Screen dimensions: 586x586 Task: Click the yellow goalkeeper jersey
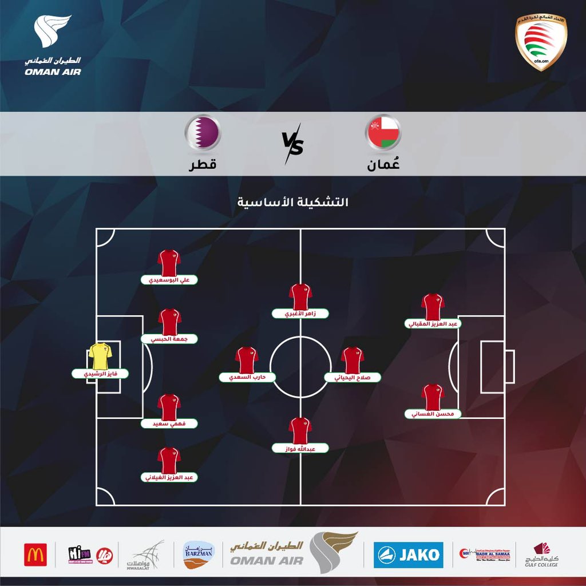100,357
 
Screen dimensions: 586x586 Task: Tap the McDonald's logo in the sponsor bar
35,555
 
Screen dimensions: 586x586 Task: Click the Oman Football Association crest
541,43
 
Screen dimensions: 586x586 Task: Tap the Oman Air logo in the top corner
53,46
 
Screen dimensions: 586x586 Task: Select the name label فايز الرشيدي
100,374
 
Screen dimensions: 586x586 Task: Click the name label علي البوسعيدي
169,280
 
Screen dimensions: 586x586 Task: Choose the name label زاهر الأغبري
300,314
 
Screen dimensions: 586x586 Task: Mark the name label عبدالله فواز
300,448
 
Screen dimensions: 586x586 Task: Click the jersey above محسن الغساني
433,396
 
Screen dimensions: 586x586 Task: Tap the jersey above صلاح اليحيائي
353,360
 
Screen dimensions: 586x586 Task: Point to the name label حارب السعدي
247,378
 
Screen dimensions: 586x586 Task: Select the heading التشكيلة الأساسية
293,203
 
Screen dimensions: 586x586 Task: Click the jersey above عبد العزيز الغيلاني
169,460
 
